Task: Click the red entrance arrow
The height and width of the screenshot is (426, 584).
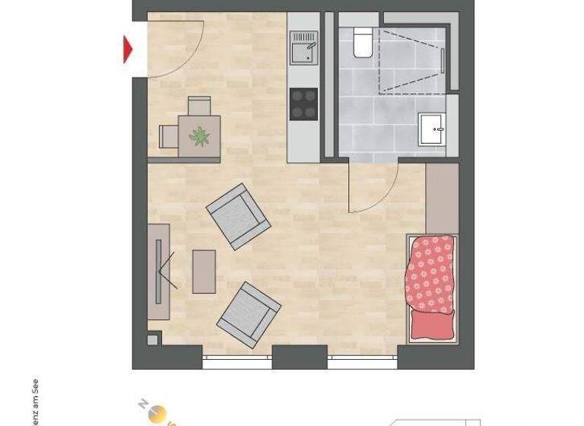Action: pos(129,49)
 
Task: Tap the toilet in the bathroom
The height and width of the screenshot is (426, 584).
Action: pos(361,43)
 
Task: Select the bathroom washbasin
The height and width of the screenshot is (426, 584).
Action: pos(436,129)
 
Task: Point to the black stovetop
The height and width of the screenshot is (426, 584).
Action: pos(304,104)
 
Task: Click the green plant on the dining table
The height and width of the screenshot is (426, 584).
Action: pos(200,135)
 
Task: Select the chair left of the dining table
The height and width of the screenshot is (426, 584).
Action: pos(168,136)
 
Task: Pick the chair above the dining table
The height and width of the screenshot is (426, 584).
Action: pos(200,106)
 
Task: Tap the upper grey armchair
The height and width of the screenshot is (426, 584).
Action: pos(238,216)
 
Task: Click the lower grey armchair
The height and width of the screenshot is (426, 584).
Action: pos(249,315)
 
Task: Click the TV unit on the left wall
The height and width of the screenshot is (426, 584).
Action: pos(158,272)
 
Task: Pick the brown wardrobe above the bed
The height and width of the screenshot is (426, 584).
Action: pos(442,199)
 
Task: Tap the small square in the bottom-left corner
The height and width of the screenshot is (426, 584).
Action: pos(154,339)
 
